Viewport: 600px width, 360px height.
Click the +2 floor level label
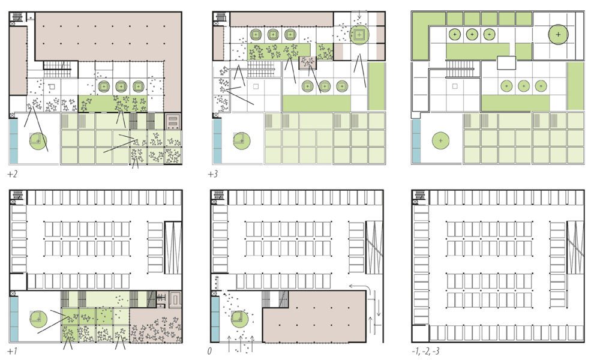coord(12,175)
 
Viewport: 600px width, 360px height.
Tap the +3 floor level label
coord(213,175)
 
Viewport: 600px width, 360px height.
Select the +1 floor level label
coord(12,351)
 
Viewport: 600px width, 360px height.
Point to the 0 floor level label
coord(209,351)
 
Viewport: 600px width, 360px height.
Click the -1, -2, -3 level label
coord(425,351)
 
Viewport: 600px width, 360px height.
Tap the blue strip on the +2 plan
coord(13,141)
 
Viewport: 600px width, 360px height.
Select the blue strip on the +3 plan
coord(217,141)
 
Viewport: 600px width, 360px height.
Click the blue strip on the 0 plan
coord(215,320)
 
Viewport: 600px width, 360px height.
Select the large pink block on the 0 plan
coord(314,317)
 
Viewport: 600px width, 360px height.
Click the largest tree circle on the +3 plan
coord(359,35)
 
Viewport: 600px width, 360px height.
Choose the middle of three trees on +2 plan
coord(121,86)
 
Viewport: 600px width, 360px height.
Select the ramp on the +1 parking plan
coord(173,247)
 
